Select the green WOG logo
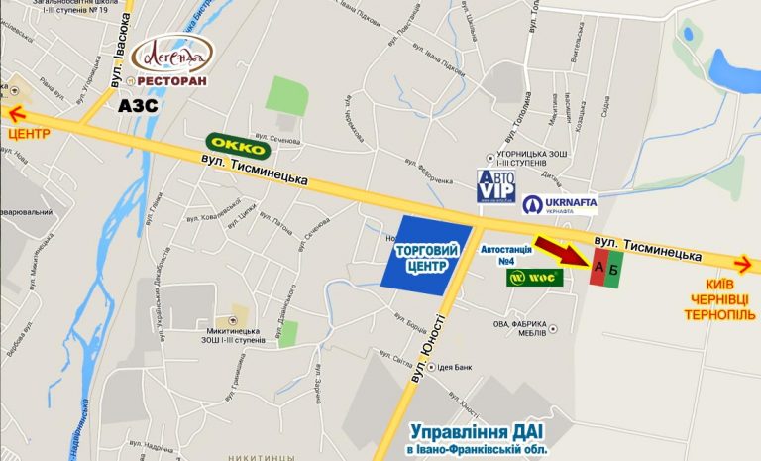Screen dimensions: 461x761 pos(536,278)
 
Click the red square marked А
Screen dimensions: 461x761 pos(598,270)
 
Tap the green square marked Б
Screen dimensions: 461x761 pos(614,270)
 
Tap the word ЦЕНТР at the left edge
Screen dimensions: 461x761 pos(28,133)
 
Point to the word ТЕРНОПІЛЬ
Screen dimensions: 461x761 pos(719,315)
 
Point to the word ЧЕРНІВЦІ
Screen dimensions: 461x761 pos(719,298)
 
